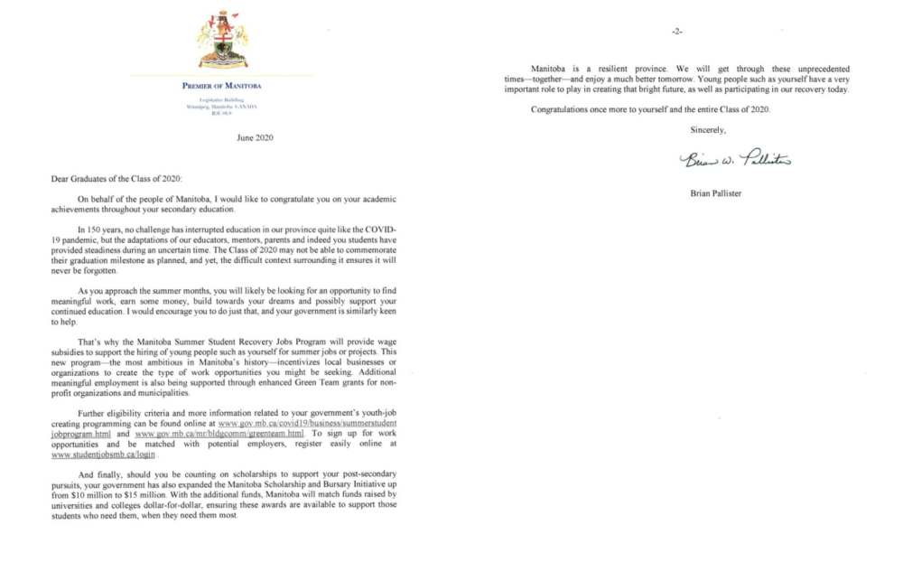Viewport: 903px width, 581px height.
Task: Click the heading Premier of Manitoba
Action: click(x=222, y=87)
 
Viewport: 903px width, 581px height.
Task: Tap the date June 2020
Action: click(x=254, y=137)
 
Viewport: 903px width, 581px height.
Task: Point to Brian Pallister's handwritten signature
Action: click(x=736, y=160)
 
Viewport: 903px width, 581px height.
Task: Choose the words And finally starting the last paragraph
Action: click(x=99, y=474)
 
